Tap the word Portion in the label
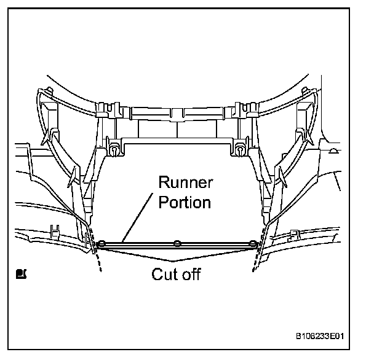tap(184, 202)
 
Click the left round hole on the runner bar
tap(102, 243)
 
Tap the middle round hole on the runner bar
tap(177, 243)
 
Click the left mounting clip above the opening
tap(114, 147)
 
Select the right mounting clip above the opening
tap(239, 147)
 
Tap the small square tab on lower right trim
tap(294, 234)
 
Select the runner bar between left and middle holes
tap(139, 244)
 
